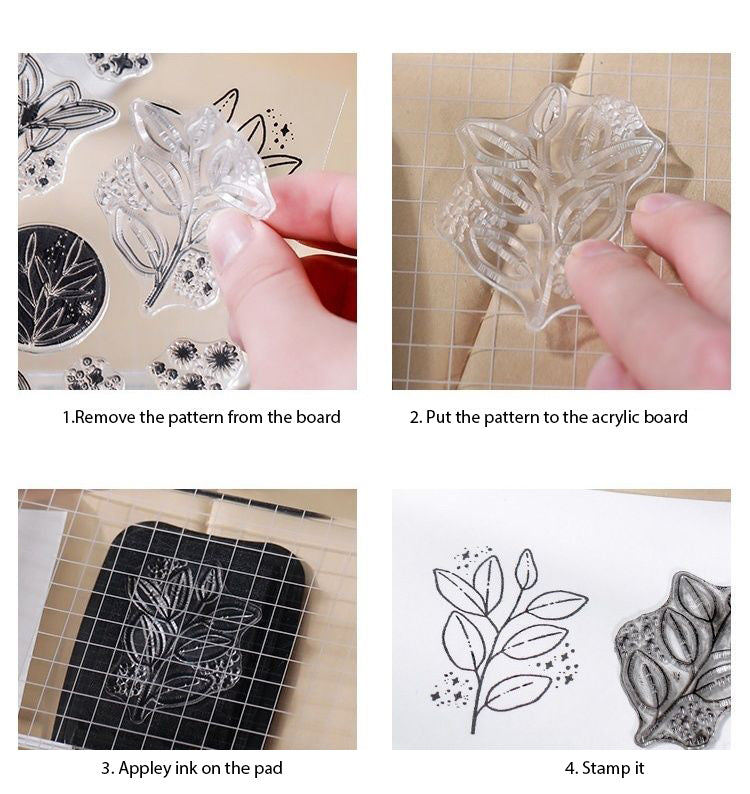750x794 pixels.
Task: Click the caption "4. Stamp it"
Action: click(x=604, y=768)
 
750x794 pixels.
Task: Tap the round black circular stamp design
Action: click(x=62, y=287)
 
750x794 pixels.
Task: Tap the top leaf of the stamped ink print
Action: click(x=525, y=570)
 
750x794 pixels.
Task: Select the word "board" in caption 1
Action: click(x=317, y=417)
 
